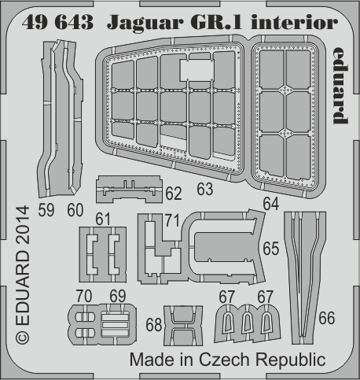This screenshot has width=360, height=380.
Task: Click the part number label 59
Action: [46, 210]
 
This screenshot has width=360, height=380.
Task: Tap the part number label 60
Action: [75, 210]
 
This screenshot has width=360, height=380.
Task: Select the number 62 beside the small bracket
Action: [174, 194]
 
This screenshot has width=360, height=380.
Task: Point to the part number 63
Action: [205, 189]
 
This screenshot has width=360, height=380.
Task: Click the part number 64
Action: [271, 204]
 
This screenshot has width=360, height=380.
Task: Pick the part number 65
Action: [271, 249]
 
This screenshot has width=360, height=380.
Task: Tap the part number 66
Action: [327, 318]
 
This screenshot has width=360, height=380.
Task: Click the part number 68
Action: [154, 325]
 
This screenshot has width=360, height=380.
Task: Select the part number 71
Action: [172, 220]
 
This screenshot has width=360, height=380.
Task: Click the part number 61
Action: [103, 219]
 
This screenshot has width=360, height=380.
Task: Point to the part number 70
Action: [84, 296]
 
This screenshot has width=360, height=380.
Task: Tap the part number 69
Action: [118, 296]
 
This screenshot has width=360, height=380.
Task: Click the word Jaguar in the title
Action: [146, 24]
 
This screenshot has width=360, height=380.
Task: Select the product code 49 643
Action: [57, 22]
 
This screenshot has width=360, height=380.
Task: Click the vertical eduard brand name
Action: [341, 86]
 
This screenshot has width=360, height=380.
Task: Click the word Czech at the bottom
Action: [224, 360]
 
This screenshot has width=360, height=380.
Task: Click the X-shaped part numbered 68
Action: [183, 326]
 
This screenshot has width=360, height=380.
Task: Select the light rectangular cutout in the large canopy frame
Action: [197, 70]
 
